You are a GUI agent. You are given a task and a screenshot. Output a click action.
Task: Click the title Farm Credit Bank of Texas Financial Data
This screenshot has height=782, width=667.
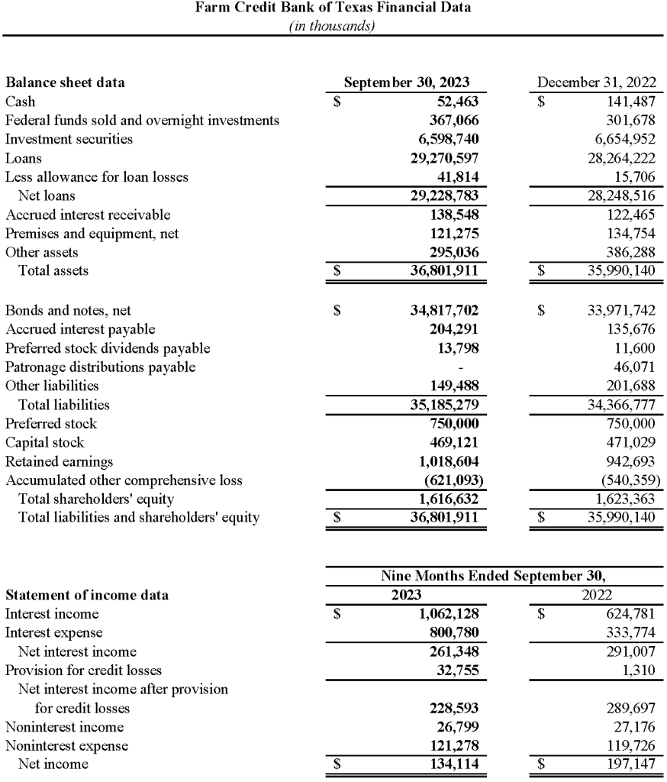(333, 8)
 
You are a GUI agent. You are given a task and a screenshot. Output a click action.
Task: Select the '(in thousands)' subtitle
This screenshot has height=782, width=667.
(333, 25)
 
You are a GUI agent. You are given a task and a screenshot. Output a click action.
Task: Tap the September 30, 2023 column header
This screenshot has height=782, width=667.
(406, 82)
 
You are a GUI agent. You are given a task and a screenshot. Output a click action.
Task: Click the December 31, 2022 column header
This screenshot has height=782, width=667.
(598, 82)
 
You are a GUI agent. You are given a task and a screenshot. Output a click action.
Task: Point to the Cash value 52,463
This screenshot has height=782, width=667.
(456, 101)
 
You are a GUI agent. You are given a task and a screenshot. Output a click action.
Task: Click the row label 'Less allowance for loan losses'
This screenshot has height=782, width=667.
(96, 176)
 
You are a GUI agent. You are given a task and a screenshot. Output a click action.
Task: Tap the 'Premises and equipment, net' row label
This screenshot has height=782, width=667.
(92, 234)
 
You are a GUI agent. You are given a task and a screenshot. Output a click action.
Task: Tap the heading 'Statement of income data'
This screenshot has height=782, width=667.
(87, 595)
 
